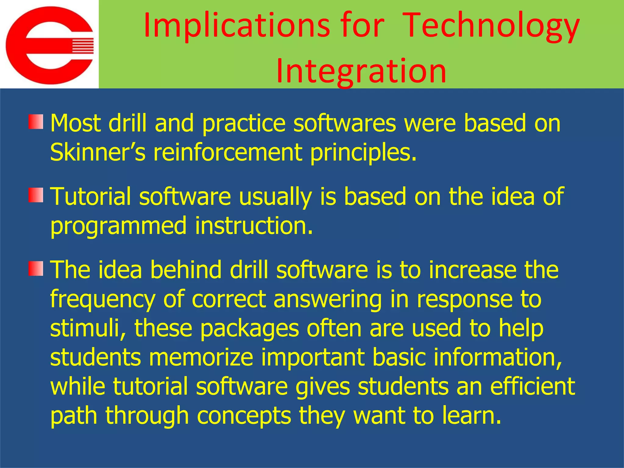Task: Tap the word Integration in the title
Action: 361,71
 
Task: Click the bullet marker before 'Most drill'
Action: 36,122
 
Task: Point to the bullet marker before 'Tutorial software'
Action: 36,195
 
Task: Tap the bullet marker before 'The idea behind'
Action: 36,269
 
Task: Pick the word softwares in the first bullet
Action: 345,123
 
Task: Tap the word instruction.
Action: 254,225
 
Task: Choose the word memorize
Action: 201,357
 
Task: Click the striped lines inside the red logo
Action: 82,46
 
